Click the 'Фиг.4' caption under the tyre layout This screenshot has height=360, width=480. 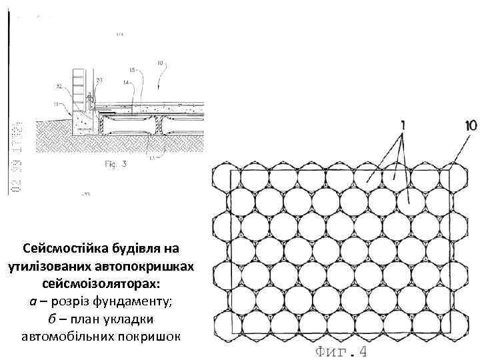click(x=340, y=351)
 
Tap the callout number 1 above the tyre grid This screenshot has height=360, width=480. click(x=402, y=125)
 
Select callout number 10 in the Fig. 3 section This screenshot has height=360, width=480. click(x=160, y=64)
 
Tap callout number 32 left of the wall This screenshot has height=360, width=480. click(x=60, y=86)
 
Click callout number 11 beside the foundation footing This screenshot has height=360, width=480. click(x=58, y=103)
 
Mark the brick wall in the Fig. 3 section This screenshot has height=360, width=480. click(x=79, y=83)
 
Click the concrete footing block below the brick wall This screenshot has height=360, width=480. click(x=84, y=120)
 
